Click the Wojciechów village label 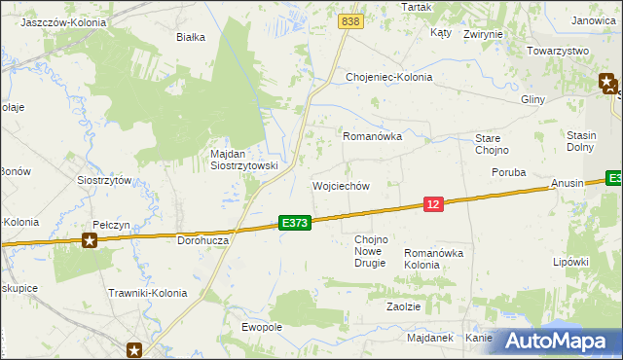click(x=340, y=186)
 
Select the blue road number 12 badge click(x=434, y=203)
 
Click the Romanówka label click(x=372, y=137)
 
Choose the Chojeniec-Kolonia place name click(x=388, y=77)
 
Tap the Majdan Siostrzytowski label click(x=244, y=160)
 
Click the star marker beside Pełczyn click(x=91, y=239)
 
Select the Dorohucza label click(x=202, y=238)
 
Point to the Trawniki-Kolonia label click(x=147, y=292)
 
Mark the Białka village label click(x=190, y=37)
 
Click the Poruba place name click(x=508, y=172)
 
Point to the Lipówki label click(x=571, y=262)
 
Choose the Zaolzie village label click(x=403, y=306)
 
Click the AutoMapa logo click(x=558, y=341)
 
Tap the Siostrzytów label click(x=104, y=180)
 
